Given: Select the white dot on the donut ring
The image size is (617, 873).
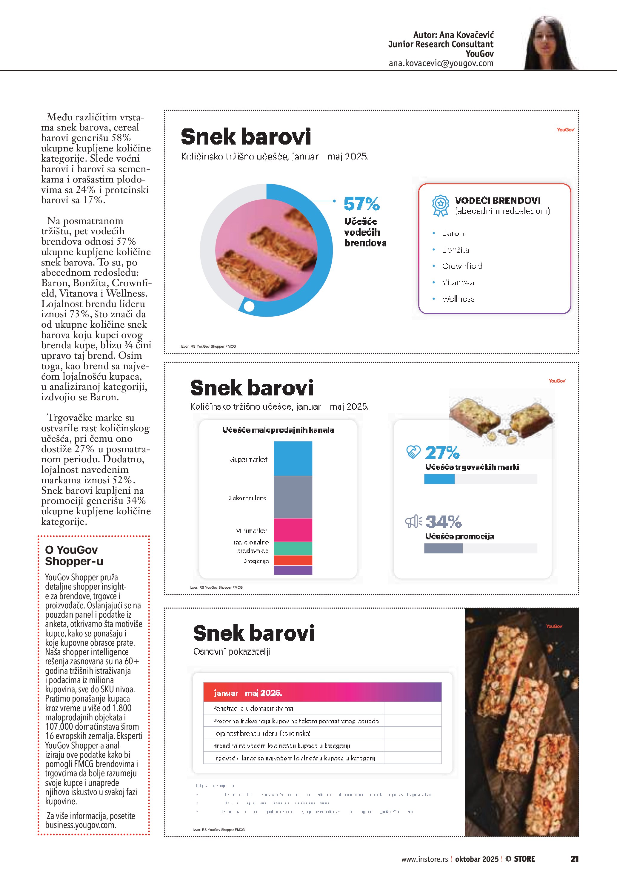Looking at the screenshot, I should (x=249, y=306).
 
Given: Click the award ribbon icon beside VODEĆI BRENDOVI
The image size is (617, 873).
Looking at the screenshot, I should (x=440, y=206).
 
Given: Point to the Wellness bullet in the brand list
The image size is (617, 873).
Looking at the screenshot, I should (x=458, y=299).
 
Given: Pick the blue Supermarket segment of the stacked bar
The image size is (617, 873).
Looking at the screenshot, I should (x=293, y=458).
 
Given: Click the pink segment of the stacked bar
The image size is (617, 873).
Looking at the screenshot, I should (x=293, y=530).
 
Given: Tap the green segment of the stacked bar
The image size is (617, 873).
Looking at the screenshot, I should (x=293, y=548).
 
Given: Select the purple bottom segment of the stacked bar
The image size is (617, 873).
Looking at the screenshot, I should (x=293, y=570).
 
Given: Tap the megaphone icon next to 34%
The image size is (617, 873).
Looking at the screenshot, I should (x=413, y=521).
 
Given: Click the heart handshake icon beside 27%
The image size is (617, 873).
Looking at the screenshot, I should (x=413, y=452).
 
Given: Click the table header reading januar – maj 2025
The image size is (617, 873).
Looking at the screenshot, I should (x=248, y=693).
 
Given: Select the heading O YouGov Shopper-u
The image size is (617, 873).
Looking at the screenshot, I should (x=74, y=556).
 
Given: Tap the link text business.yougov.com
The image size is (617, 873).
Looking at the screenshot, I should (x=80, y=825).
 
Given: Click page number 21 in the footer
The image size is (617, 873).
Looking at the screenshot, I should (x=574, y=859).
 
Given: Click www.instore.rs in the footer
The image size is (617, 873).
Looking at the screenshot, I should (x=424, y=859).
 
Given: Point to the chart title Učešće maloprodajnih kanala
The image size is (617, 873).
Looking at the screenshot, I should (x=278, y=430).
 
